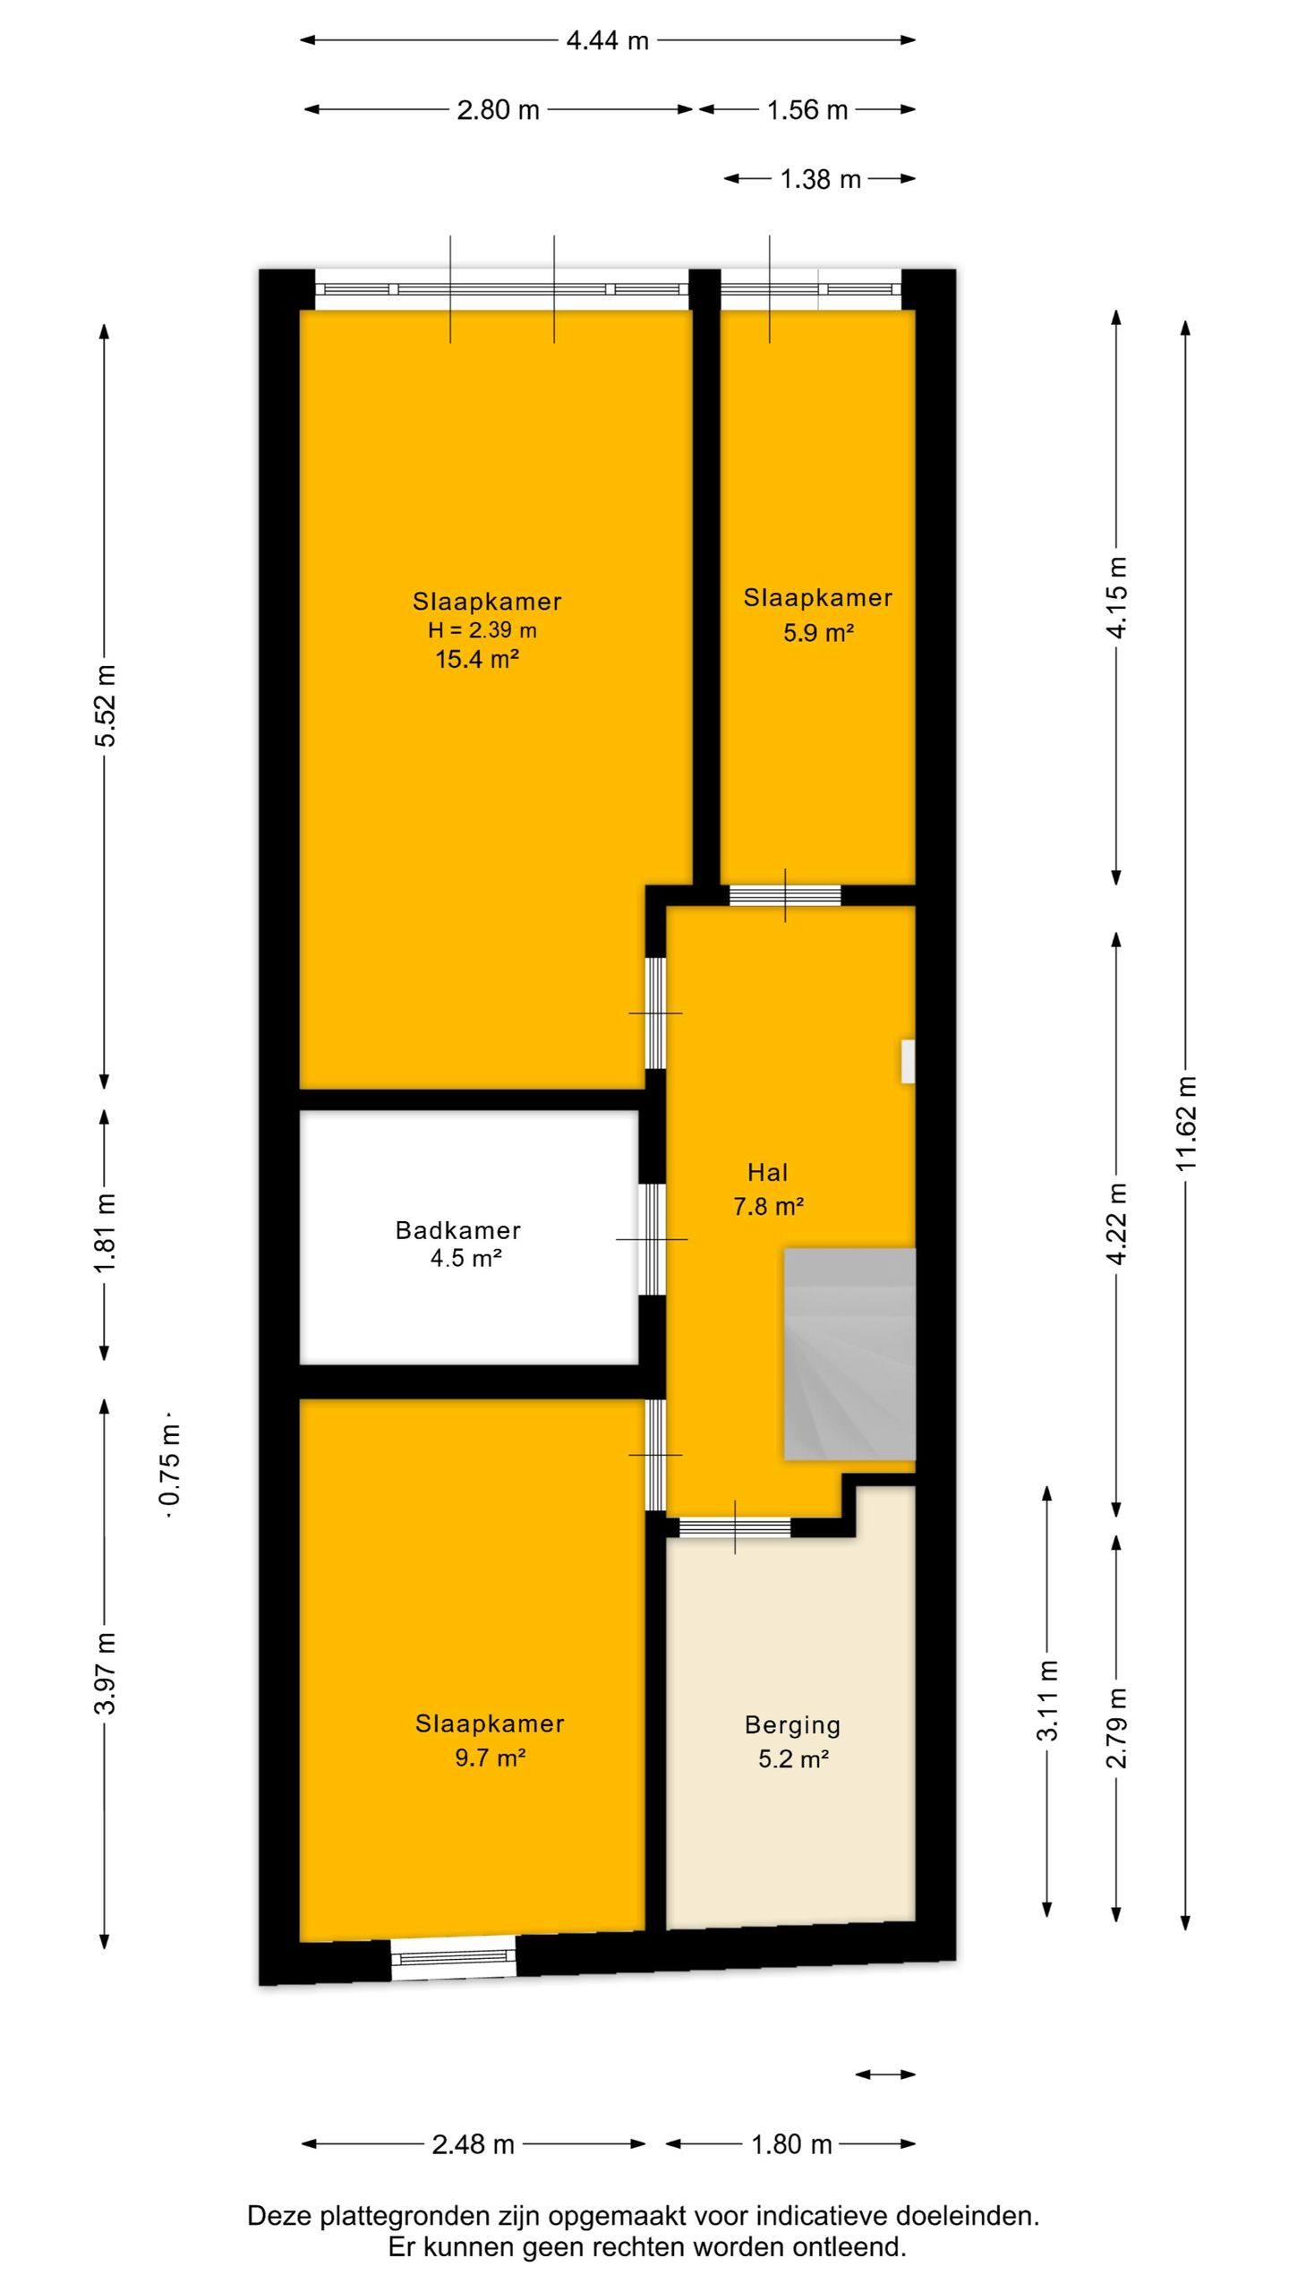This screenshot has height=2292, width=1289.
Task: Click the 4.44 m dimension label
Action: (607, 40)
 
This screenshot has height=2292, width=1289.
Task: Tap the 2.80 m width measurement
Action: (498, 110)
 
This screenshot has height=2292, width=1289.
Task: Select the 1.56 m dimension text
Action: (807, 110)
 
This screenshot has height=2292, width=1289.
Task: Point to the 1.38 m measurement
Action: (820, 180)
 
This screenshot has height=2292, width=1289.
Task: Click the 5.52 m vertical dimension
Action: (106, 706)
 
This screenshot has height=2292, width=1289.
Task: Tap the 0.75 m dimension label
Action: (170, 1475)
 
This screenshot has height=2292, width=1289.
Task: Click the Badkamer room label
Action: (458, 1230)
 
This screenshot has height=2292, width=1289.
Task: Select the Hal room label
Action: (768, 1172)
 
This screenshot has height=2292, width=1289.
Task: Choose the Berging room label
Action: (793, 1725)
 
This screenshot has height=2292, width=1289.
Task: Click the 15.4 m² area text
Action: (477, 660)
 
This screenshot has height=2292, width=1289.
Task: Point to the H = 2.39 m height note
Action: (482, 630)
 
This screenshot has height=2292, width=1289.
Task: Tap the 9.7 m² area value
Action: (490, 1757)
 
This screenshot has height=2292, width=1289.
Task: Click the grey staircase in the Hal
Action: (849, 1354)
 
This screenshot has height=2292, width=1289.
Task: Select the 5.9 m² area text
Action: (818, 633)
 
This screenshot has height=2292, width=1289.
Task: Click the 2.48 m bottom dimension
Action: (473, 2144)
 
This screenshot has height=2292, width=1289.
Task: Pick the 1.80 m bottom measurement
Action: (791, 2144)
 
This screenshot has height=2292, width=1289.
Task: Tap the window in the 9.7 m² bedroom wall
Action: (454, 1957)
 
